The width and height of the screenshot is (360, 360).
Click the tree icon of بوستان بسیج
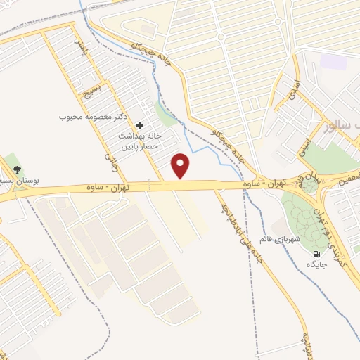pyautogui.click(x=17, y=169)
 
